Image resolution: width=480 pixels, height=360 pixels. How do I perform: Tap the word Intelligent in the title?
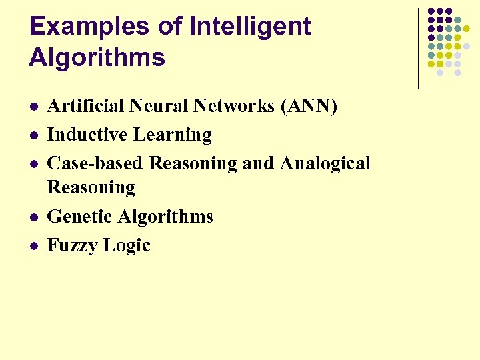pos(250,27)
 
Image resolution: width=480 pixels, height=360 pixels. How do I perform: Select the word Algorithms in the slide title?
pos(97,58)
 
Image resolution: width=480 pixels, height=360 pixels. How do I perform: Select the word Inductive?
pos(87,135)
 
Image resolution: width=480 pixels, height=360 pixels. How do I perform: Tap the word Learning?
pos(172,135)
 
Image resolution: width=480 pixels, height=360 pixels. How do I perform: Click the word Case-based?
pos(95,163)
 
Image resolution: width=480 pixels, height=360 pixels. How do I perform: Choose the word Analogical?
pos(325,164)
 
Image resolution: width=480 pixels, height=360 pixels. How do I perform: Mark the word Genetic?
pos(80,217)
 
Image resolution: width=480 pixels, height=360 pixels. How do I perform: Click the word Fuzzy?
pos(71,245)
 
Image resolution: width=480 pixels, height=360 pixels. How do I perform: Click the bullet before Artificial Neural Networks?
pos(33,107)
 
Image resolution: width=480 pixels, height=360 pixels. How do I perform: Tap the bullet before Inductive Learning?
pos(33,135)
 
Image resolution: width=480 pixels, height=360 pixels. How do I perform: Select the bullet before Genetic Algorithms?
pos(33,217)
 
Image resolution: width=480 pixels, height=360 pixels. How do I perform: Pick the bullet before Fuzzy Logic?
pos(33,246)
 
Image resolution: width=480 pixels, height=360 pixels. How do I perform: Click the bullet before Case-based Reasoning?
pos(33,164)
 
